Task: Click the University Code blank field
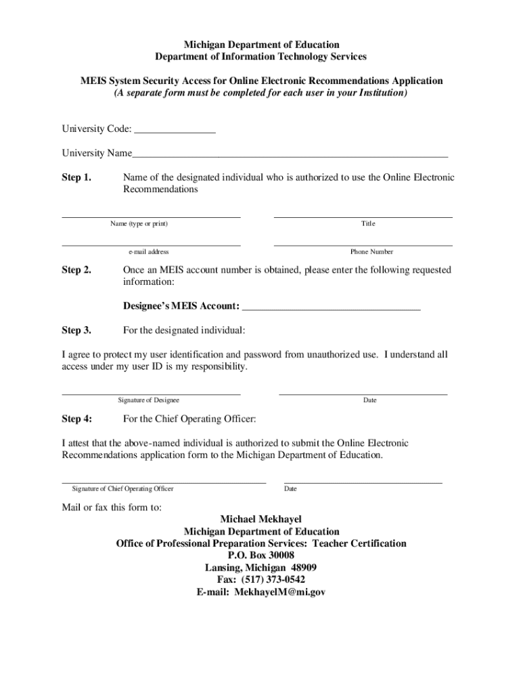(175, 131)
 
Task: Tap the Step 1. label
(76, 178)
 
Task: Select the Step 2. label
(76, 270)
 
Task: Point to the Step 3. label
(76, 330)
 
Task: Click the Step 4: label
(76, 418)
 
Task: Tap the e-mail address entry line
(151, 244)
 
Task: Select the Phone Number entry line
(363, 244)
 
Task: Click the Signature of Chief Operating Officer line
(164, 481)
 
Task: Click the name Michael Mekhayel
(261, 520)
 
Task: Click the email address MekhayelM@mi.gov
(280, 591)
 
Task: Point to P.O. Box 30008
(261, 556)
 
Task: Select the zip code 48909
(304, 568)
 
